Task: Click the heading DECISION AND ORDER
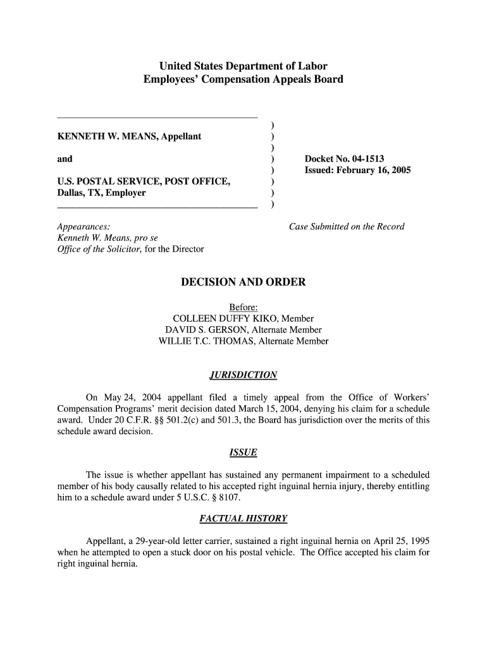point(243,282)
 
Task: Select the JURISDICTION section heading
point(243,376)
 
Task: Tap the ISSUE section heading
point(243,452)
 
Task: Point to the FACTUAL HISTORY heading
point(243,519)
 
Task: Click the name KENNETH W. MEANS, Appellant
point(129,136)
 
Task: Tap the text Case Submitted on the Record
point(346,227)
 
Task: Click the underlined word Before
point(243,308)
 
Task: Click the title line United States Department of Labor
point(243,66)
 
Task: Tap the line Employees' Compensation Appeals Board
point(243,80)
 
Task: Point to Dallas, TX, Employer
point(101,193)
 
